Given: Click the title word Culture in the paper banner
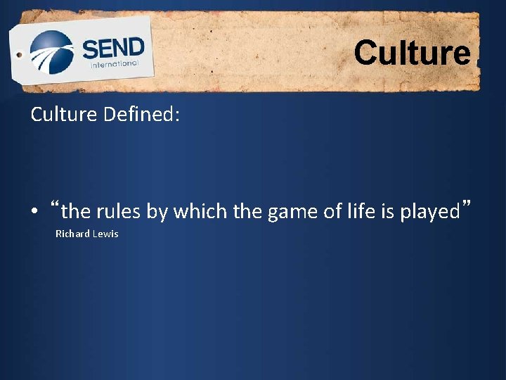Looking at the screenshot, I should (x=412, y=53).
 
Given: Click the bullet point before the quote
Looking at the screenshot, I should (x=34, y=212).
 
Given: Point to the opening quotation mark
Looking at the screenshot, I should (x=56, y=206).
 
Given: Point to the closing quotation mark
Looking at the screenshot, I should (x=465, y=206).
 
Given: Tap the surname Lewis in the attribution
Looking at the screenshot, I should (x=105, y=234).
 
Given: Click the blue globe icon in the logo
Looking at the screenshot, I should (x=51, y=53).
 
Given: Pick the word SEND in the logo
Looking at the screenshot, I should (x=113, y=49).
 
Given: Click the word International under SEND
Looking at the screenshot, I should (x=115, y=63).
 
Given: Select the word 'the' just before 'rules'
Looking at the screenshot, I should (x=76, y=211).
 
